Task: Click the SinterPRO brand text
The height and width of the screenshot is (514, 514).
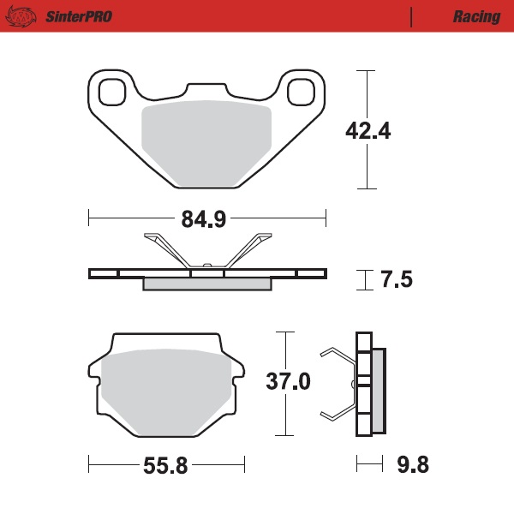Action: click(x=78, y=16)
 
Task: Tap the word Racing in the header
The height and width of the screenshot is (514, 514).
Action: click(x=476, y=16)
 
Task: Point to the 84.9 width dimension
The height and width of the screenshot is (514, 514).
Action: click(x=203, y=219)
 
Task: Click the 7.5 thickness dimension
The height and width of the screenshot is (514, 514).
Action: click(x=395, y=279)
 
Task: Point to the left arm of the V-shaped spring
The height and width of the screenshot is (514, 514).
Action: click(x=168, y=249)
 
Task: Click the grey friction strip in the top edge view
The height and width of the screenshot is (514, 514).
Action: click(x=206, y=284)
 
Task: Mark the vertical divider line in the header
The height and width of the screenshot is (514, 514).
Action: click(x=412, y=16)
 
